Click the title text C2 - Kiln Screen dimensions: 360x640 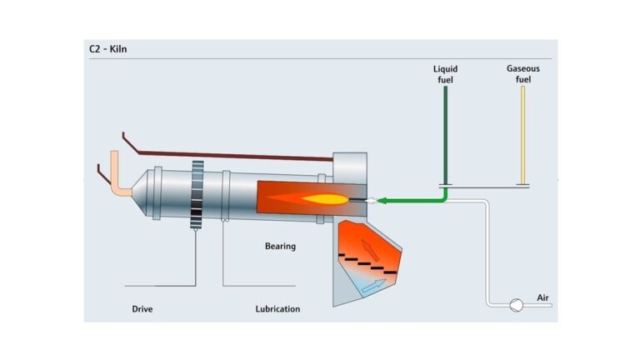(108, 49)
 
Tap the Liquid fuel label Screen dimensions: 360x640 (445, 73)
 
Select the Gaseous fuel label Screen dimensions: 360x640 (523, 73)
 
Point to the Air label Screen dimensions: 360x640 (543, 297)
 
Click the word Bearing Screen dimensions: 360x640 (280, 246)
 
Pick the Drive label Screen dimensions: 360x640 (142, 309)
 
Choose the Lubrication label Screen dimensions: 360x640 (277, 309)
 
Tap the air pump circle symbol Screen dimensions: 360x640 (516, 305)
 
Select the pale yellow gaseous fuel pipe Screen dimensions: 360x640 (522, 133)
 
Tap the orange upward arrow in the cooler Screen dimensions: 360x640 (368, 248)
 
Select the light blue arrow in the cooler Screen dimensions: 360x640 (372, 286)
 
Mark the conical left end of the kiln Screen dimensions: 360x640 (143, 193)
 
